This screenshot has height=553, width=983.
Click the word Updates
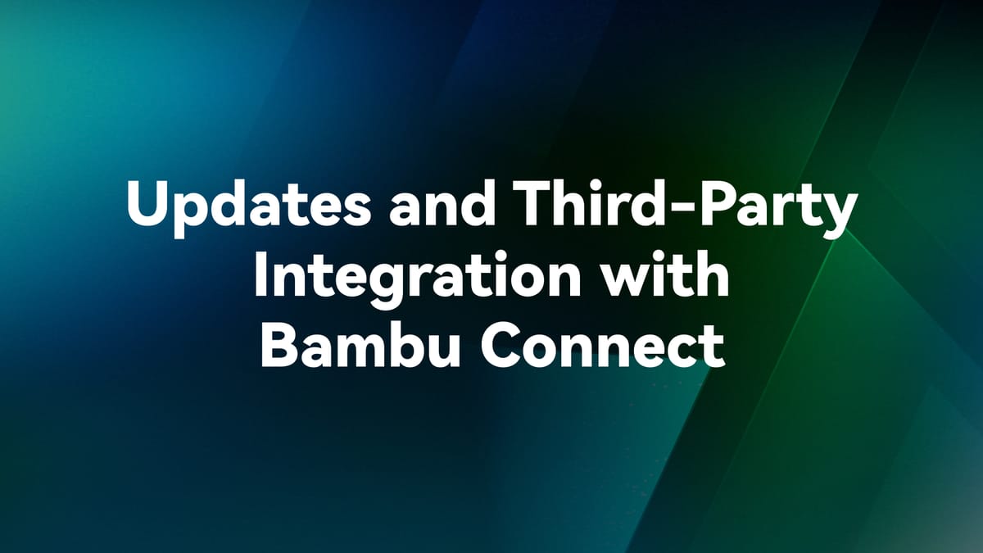click(x=235, y=205)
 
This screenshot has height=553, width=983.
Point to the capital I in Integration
click(x=260, y=275)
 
